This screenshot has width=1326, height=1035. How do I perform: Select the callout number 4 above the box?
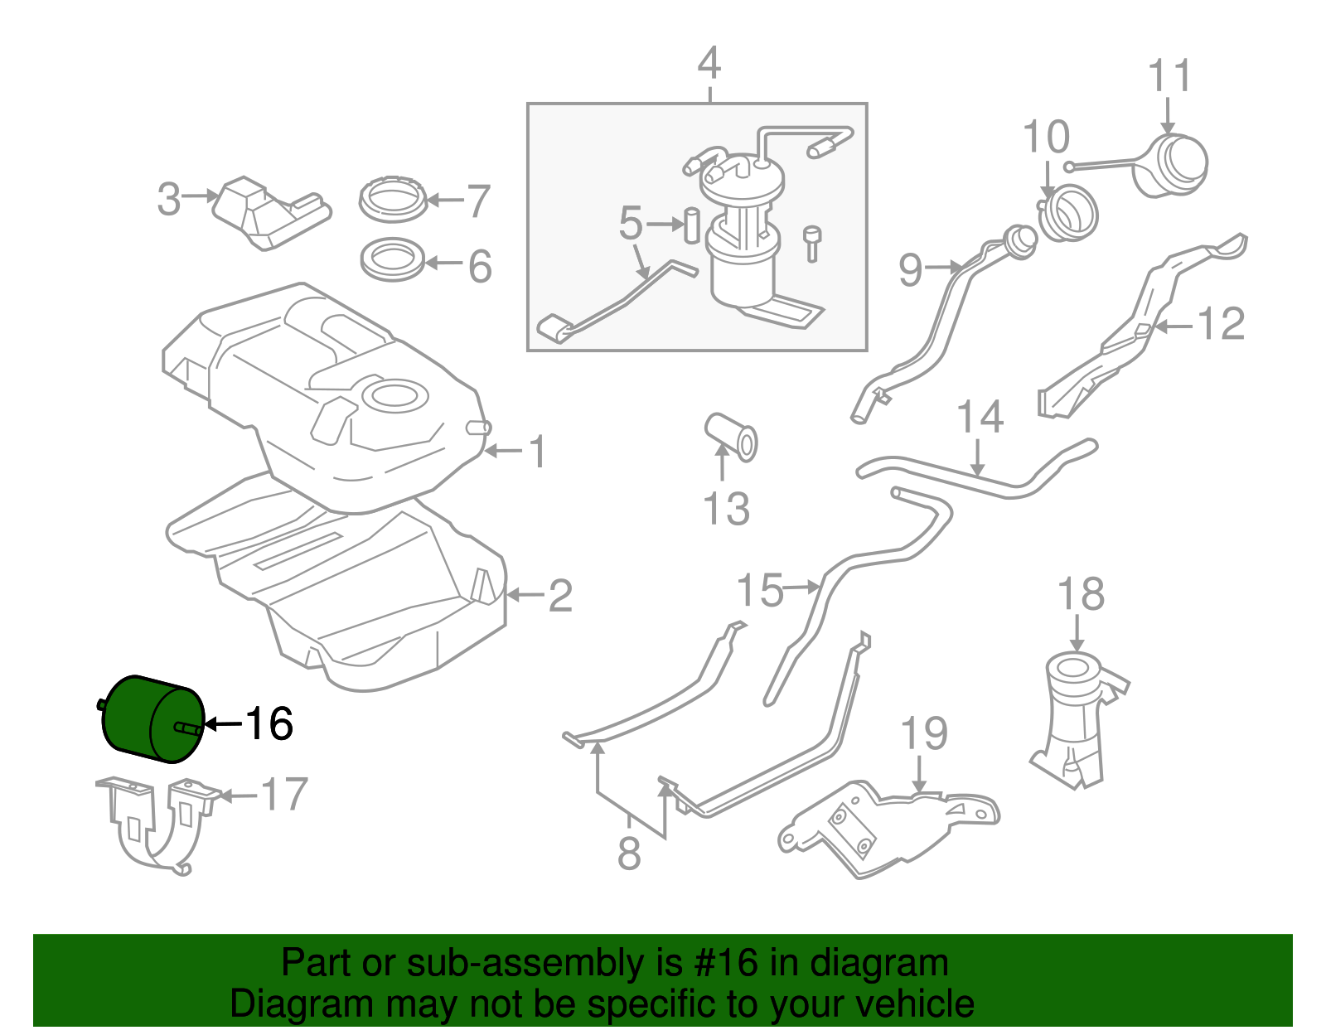click(709, 64)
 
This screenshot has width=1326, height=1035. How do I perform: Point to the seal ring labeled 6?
click(393, 260)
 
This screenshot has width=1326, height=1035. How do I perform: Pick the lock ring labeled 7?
click(394, 201)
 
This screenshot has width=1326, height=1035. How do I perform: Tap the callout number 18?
click(1081, 595)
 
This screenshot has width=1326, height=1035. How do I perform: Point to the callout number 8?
click(629, 854)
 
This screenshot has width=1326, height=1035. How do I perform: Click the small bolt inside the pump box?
click(812, 242)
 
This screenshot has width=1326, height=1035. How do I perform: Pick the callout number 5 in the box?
click(631, 224)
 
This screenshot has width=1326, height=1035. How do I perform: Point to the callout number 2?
click(560, 596)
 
